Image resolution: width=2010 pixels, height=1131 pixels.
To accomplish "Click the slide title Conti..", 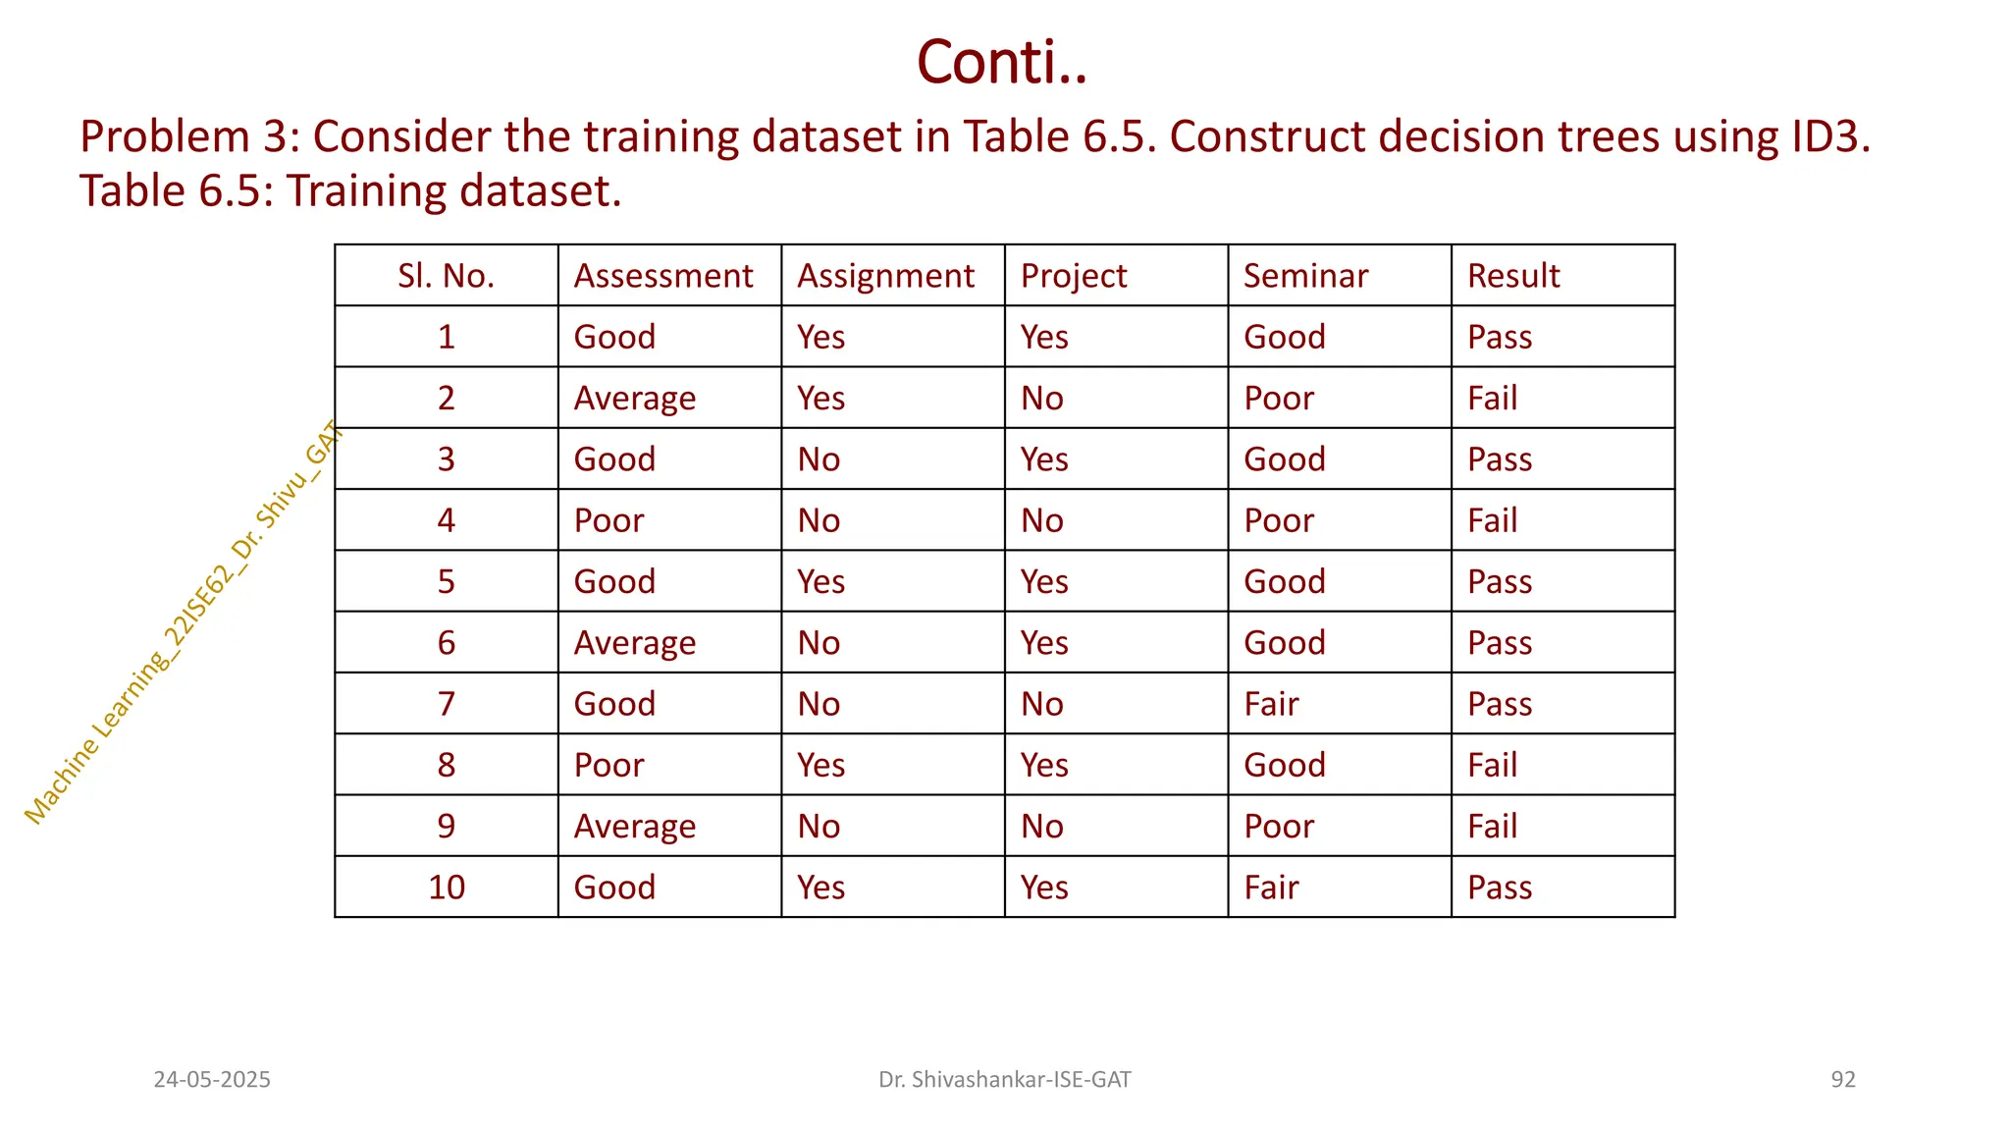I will click(x=1002, y=62).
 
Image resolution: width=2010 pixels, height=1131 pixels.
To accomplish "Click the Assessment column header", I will click(x=663, y=276).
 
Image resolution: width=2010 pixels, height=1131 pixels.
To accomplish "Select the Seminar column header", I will click(x=1305, y=276).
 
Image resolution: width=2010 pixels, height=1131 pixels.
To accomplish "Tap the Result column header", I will click(x=1513, y=276).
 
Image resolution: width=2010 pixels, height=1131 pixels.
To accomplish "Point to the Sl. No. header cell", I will click(x=446, y=276).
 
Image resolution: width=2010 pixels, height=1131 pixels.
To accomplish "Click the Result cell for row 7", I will click(x=1500, y=704).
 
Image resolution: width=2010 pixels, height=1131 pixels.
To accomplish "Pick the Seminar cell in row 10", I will click(x=1271, y=888).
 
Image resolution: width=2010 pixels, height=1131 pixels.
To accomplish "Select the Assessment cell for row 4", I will click(x=608, y=520).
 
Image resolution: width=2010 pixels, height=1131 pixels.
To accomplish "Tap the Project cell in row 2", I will click(x=1042, y=399).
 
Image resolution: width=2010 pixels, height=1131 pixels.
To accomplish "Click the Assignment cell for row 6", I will click(x=819, y=643).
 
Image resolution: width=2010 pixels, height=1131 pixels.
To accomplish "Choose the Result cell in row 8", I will click(x=1492, y=765).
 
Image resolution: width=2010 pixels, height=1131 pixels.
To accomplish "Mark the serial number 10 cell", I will click(x=446, y=888).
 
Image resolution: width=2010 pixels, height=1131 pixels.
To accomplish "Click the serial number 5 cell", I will click(x=446, y=581).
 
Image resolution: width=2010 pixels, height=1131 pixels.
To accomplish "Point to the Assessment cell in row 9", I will click(x=634, y=827).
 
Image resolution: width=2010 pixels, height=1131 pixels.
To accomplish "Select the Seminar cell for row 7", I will click(x=1271, y=704).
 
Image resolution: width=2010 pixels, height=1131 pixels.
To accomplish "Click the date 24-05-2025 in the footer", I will click(x=212, y=1080).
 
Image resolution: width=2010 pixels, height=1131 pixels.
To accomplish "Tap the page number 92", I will click(x=1843, y=1080).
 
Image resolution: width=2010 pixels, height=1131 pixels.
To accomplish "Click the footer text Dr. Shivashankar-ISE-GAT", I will click(x=1004, y=1080).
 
